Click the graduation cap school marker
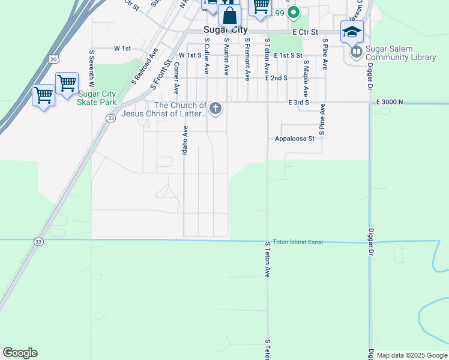352,32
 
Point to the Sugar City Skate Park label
96,98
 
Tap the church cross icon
216,109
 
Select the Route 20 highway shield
54,59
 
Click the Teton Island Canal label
298,242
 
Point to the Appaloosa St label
295,139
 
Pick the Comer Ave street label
177,80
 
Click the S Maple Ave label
306,79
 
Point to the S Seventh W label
93,67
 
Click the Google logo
20,353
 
